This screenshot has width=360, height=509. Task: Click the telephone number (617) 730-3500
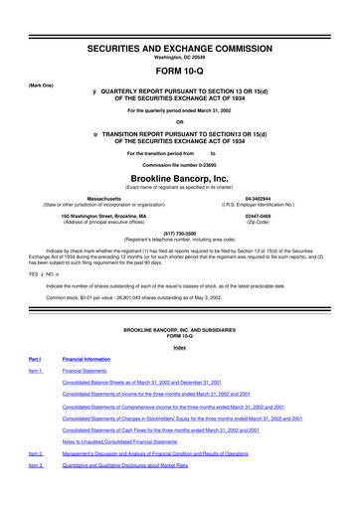coord(180,234)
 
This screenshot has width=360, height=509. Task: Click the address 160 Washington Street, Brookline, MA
coord(103,215)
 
